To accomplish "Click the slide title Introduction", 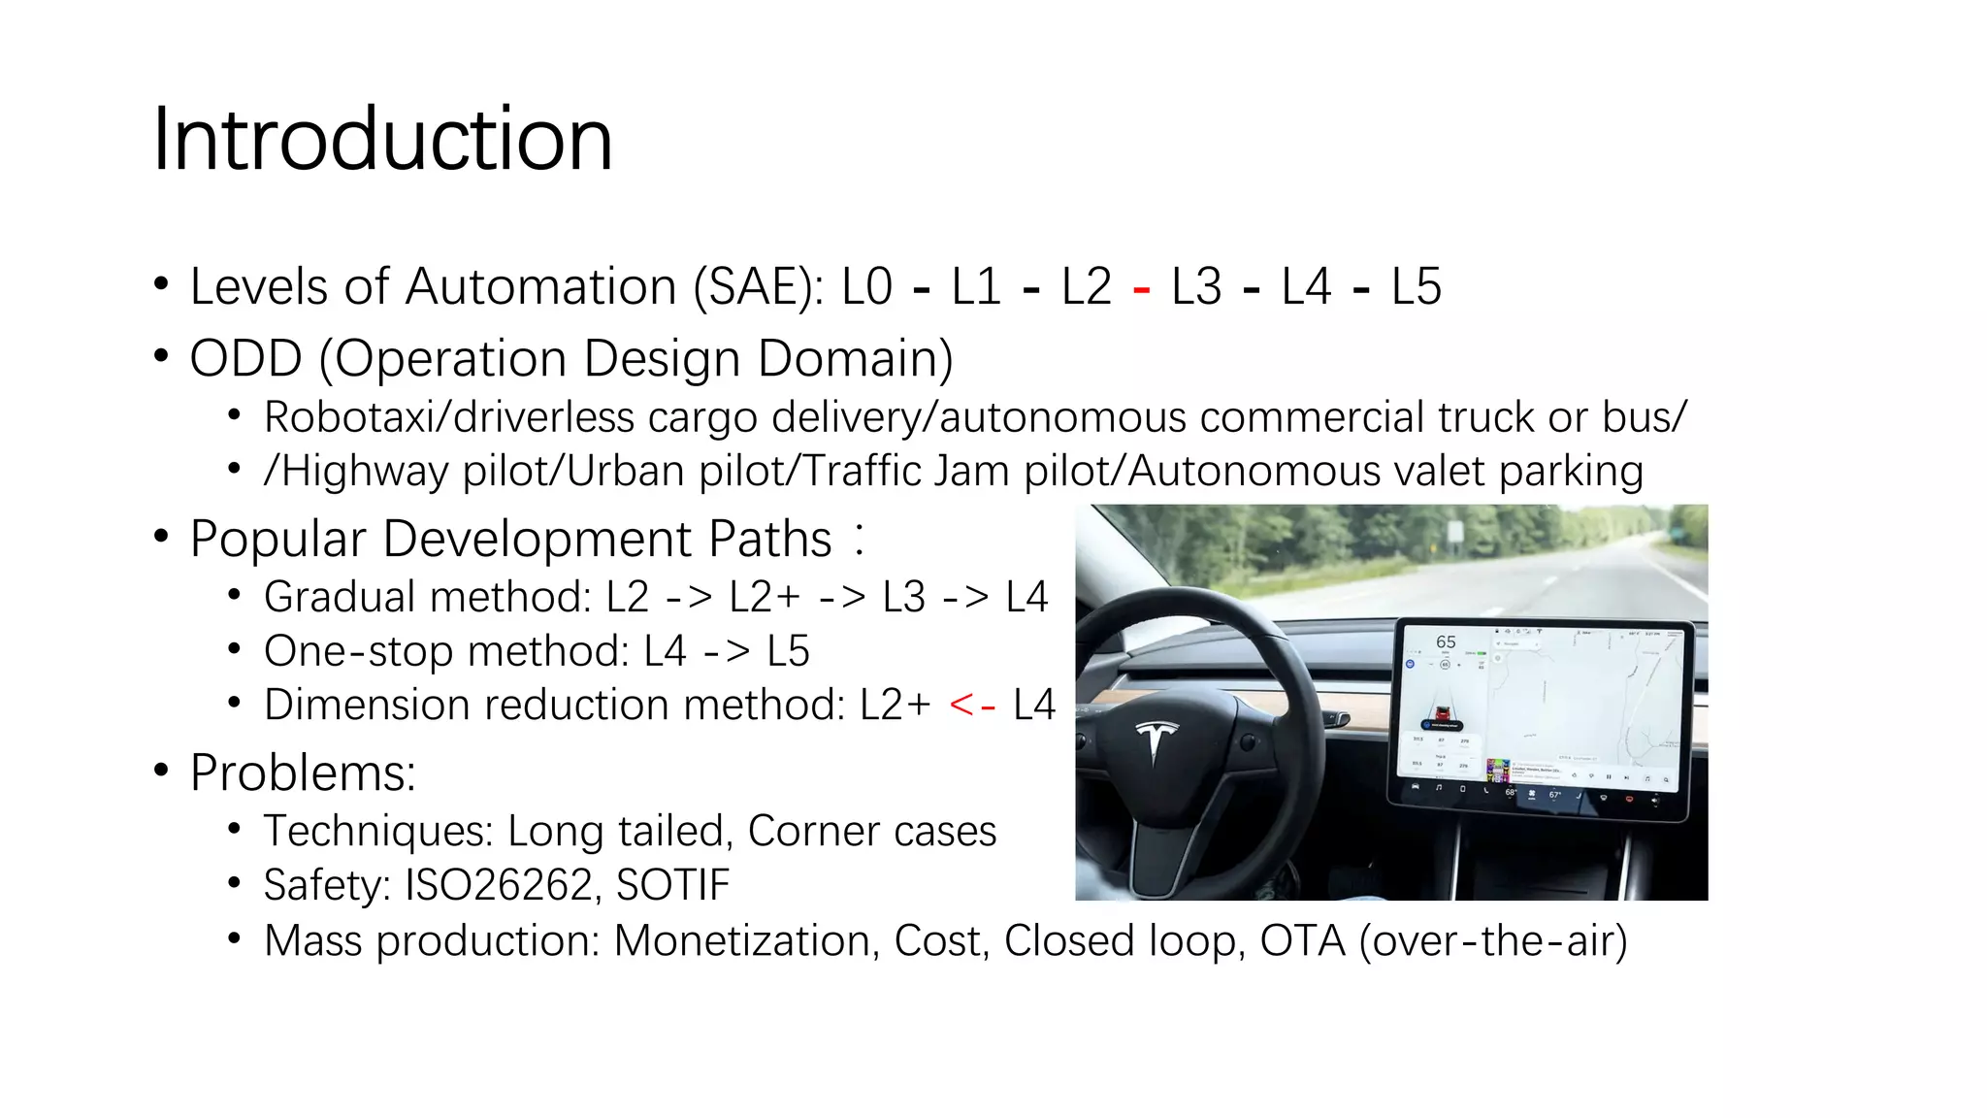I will click(x=382, y=140).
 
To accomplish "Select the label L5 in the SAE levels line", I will click(x=1416, y=287).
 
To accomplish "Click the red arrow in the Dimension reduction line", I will click(x=972, y=706).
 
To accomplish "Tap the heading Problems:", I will click(x=303, y=773).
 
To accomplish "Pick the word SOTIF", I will click(x=672, y=885).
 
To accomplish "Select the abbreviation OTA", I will click(x=1302, y=941).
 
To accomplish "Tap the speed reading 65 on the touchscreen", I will click(x=1446, y=642).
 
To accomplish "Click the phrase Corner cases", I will click(x=871, y=832).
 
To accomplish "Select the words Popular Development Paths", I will click(x=510, y=540).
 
